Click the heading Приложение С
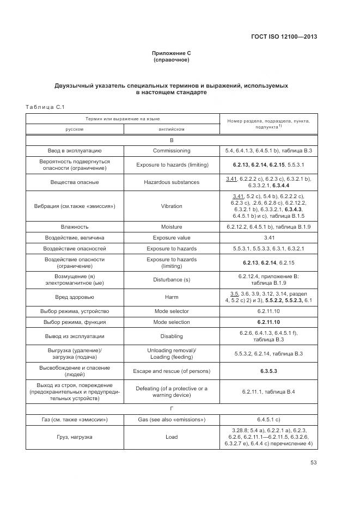(x=172, y=53)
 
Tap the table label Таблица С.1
(x=45, y=106)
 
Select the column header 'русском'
(x=75, y=129)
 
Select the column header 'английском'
(x=172, y=129)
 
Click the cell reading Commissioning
(x=172, y=150)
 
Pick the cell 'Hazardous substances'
(x=172, y=182)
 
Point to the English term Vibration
(x=172, y=206)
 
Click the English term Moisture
(x=172, y=227)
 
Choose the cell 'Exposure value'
(x=172, y=238)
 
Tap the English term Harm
(x=172, y=297)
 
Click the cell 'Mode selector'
(x=172, y=311)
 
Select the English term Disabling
(x=172, y=336)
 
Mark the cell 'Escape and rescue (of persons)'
(x=172, y=371)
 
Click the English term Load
(x=172, y=437)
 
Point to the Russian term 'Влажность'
(x=75, y=227)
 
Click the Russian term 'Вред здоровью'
(x=75, y=297)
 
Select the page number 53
(x=313, y=463)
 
